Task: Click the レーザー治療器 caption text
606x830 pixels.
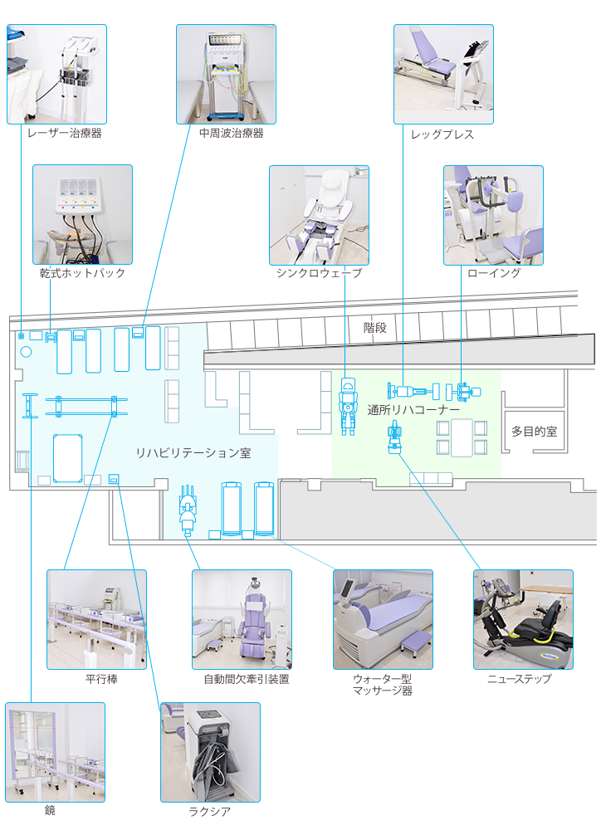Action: [x=65, y=133]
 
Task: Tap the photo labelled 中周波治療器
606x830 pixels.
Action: [x=226, y=74]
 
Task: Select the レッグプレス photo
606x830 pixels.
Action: [x=443, y=74]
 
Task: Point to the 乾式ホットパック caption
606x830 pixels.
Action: [x=82, y=273]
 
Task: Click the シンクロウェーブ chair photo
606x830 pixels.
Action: [x=319, y=215]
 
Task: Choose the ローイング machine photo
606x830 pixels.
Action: [x=493, y=215]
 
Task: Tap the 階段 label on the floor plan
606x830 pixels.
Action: [x=374, y=328]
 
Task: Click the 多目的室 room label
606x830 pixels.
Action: [x=534, y=432]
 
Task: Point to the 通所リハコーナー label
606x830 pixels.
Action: [x=413, y=410]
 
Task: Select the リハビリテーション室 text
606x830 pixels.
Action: [x=193, y=453]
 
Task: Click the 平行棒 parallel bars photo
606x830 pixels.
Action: [x=97, y=619]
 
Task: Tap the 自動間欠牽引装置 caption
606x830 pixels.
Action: [x=247, y=679]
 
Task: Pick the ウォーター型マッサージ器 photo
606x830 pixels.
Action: [x=384, y=619]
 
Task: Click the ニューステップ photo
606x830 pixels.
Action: [x=524, y=619]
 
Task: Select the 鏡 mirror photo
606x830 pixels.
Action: [x=56, y=752]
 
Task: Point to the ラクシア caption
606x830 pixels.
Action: [x=209, y=812]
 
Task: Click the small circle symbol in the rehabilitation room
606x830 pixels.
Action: [x=26, y=351]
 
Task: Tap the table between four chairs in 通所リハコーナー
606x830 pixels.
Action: [x=462, y=437]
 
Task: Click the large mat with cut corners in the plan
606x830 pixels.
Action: [x=68, y=458]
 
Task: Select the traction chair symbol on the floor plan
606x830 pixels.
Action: [x=188, y=510]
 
